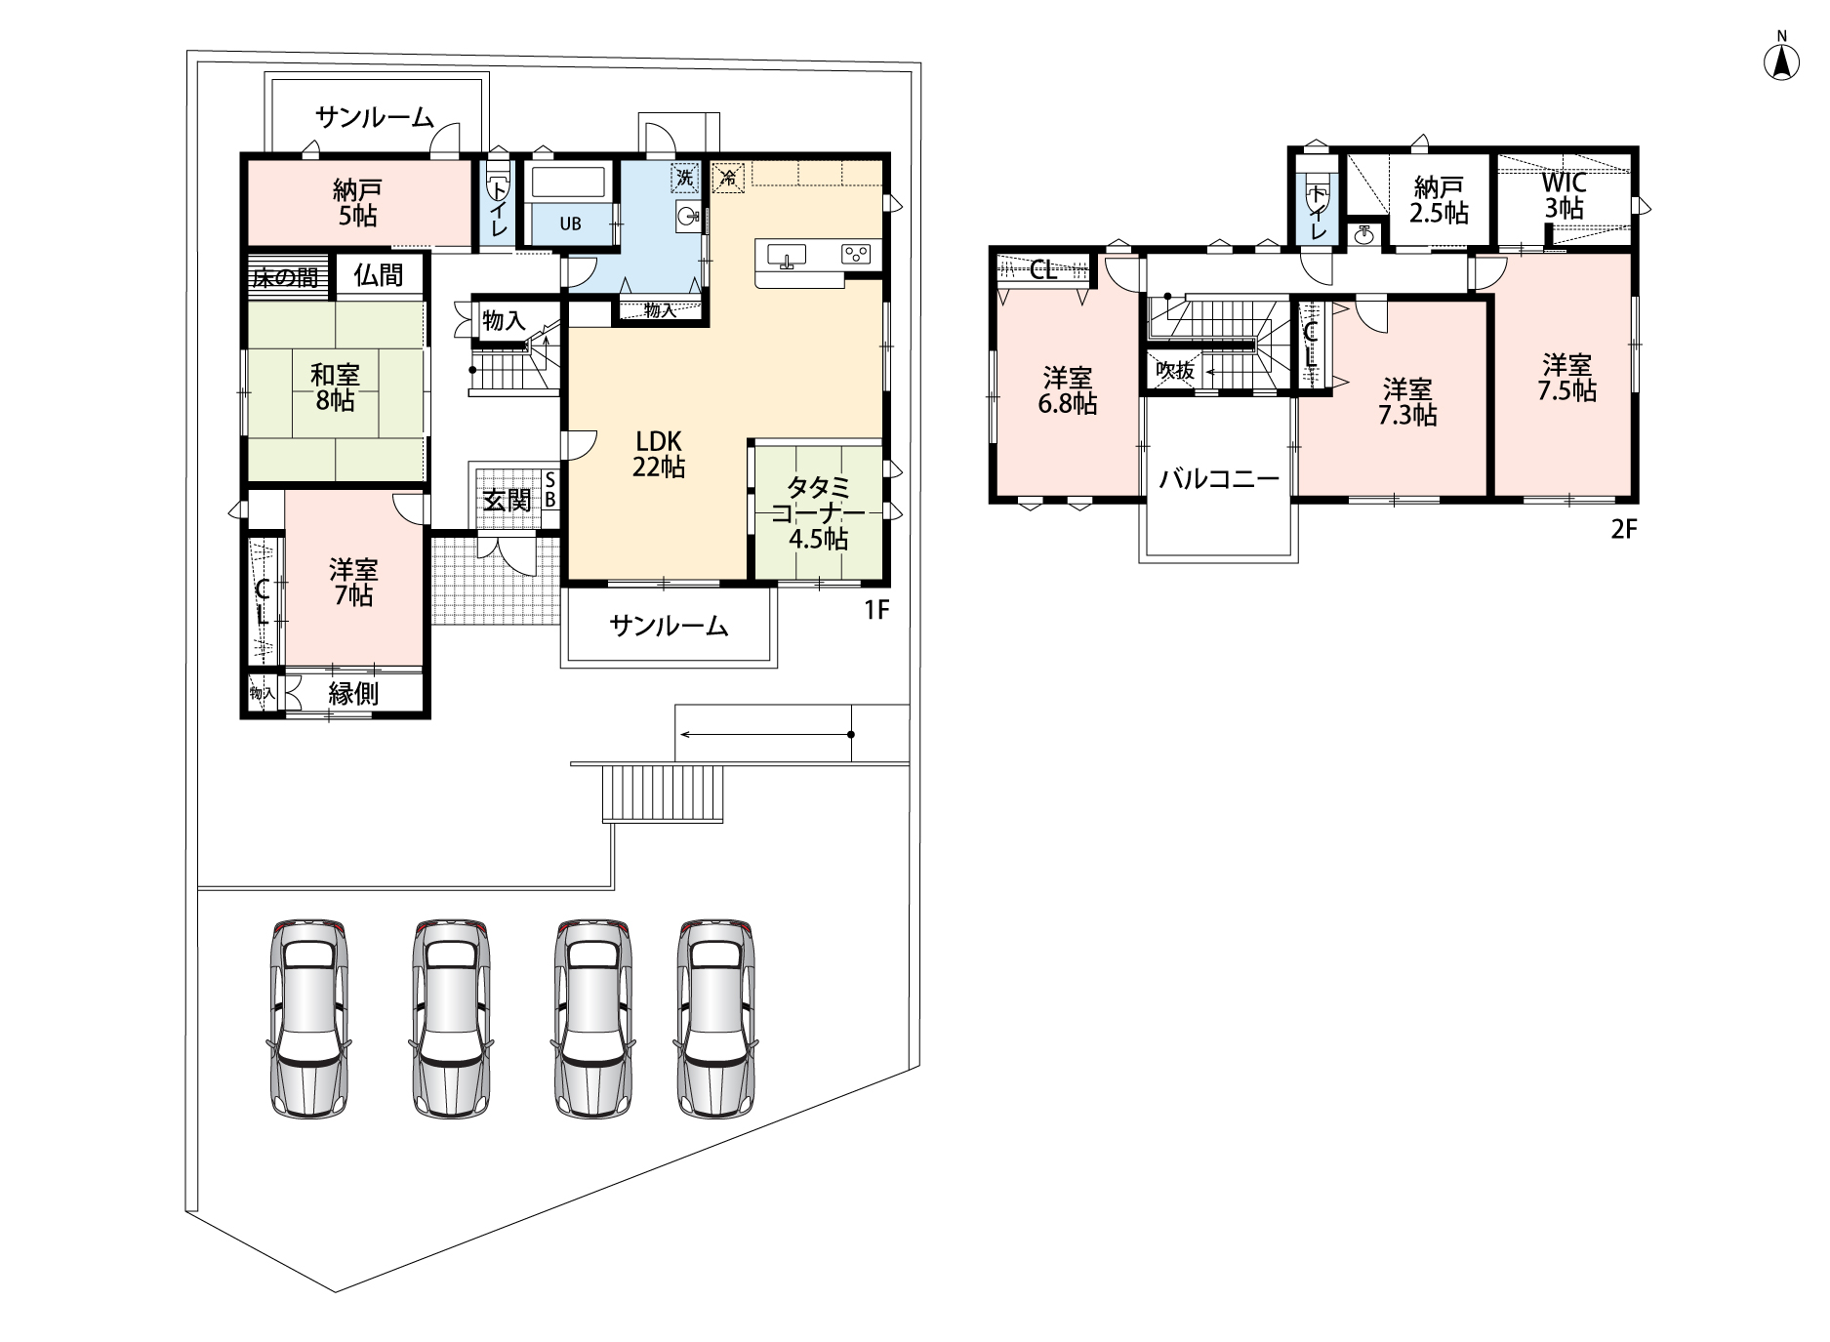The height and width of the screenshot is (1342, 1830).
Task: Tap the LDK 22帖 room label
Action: tap(660, 454)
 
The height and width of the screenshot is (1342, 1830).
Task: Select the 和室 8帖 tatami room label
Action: tap(334, 387)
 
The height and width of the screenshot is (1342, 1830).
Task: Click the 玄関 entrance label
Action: tap(508, 500)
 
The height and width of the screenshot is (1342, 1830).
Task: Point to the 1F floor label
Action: tap(876, 610)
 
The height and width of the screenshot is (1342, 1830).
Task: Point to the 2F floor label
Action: tap(1623, 530)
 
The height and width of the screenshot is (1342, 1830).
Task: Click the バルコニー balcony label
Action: tap(1219, 480)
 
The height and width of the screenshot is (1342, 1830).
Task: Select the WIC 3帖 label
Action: tap(1564, 195)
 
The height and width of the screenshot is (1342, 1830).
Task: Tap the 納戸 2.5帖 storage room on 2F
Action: tap(1440, 200)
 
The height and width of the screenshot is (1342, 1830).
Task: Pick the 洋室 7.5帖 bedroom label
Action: tap(1567, 379)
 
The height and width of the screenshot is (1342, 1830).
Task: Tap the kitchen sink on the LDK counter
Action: tap(786, 256)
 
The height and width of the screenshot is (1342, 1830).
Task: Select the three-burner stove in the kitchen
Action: tap(856, 255)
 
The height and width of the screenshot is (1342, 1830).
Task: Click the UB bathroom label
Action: tap(570, 224)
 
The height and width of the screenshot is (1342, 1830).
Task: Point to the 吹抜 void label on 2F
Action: tap(1174, 371)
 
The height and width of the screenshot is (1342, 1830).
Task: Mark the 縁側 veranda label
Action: tap(353, 694)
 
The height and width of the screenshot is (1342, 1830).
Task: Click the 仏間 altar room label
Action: tap(379, 275)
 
